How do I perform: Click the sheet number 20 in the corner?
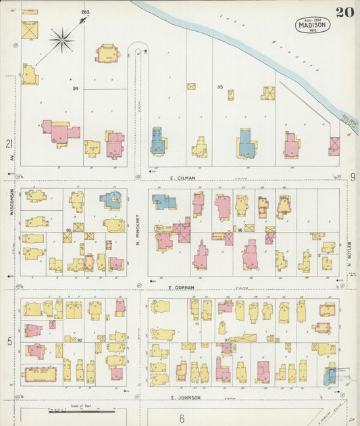pos(344,11)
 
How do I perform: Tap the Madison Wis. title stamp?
pos(312,26)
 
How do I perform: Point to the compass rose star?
pos(61,40)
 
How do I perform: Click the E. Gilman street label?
pos(182,178)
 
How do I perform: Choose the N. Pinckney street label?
pos(137,230)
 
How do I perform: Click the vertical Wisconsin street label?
pos(12,202)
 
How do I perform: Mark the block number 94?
pos(76,89)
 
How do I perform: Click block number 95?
pos(220,87)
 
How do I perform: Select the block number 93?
pos(68,231)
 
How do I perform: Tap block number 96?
pos(239,231)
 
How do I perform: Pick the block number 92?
pos(79,340)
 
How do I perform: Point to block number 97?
pos(228,339)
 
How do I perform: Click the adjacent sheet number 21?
pos(9,143)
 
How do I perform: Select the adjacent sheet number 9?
pos(353,177)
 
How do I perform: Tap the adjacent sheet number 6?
pos(181,419)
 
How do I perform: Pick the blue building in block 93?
pos(111,199)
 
